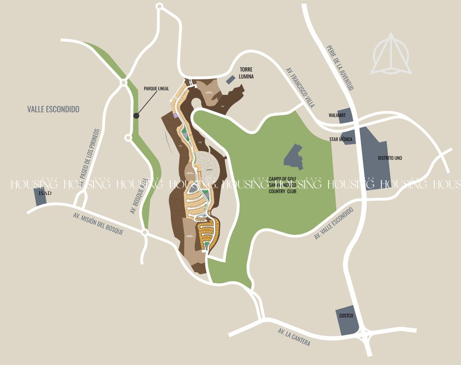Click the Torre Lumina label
tap(247, 73)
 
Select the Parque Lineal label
tap(156, 89)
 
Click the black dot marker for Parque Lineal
tap(136, 115)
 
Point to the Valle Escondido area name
tap(53, 109)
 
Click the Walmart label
tap(337, 115)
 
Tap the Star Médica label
tap(340, 139)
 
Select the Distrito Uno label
tap(390, 158)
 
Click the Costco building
tap(347, 321)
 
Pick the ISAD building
tap(40, 196)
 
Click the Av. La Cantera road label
tap(294, 338)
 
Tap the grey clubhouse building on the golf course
tap(294, 157)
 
